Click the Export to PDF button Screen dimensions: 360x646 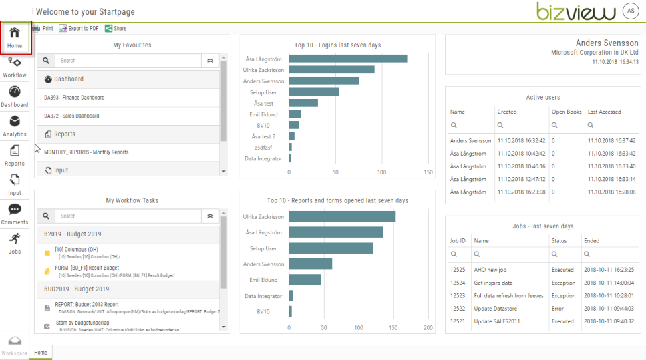coord(79,29)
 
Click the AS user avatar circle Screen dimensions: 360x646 coord(630,11)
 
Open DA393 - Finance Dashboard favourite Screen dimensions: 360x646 coord(74,98)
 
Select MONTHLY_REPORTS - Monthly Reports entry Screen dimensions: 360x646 coord(86,152)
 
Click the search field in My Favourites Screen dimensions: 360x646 coord(128,61)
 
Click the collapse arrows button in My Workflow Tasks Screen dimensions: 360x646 coord(210,216)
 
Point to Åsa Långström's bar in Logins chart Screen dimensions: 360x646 coord(347,59)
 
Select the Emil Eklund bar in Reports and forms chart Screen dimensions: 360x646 coord(305,280)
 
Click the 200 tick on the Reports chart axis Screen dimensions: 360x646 coord(428,327)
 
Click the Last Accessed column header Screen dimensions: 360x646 coord(604,112)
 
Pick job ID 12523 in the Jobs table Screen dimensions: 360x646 coord(458,295)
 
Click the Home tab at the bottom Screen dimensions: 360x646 coord(41,353)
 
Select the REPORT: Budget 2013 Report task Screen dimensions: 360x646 coord(87,304)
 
